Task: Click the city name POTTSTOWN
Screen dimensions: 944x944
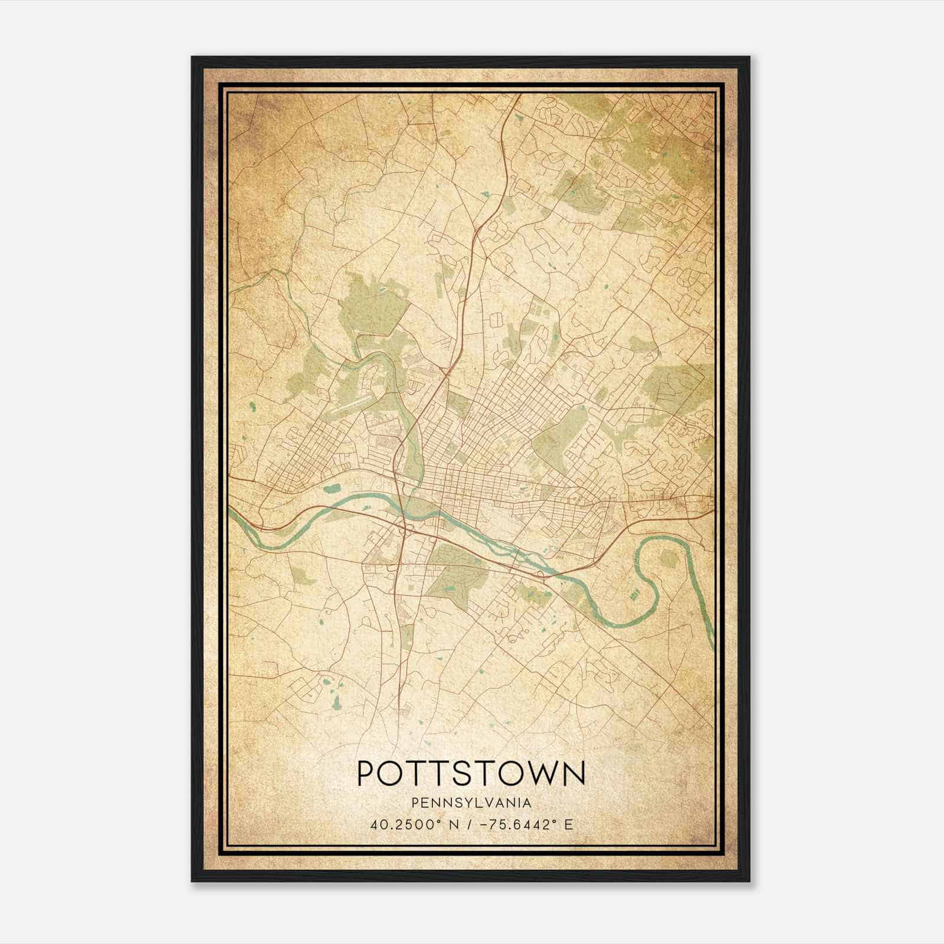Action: (471, 774)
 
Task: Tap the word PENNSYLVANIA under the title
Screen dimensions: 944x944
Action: (471, 803)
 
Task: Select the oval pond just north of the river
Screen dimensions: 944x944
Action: (332, 488)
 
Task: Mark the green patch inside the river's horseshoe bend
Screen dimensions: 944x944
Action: (668, 559)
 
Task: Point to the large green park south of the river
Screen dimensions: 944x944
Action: (454, 575)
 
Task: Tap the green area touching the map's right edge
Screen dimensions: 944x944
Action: (684, 386)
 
